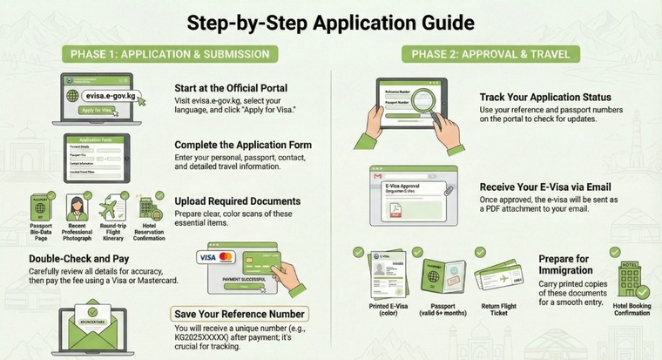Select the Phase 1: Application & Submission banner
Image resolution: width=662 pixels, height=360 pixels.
pyautogui.click(x=170, y=54)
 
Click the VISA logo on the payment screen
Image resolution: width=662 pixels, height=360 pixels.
pyautogui.click(x=207, y=257)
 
